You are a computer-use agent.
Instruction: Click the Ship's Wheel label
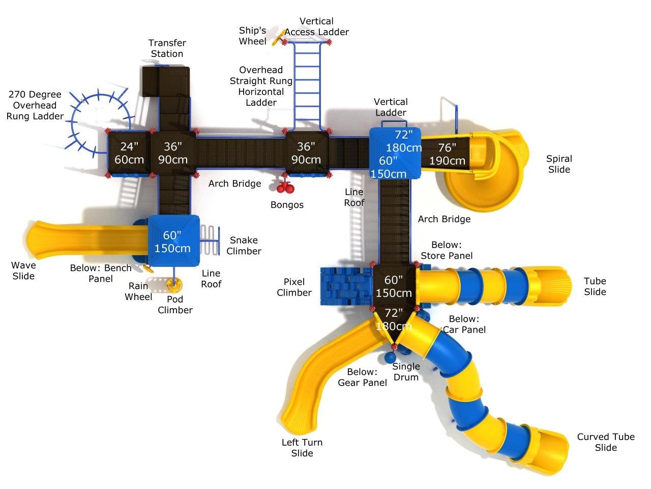click(x=252, y=36)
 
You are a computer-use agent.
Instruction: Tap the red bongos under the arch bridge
click(x=285, y=188)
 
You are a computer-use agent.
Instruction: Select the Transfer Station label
click(x=167, y=48)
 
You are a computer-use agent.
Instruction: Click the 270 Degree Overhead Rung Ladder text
click(x=35, y=105)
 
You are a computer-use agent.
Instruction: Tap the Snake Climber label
click(x=244, y=246)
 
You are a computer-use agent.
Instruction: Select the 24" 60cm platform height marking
click(x=129, y=153)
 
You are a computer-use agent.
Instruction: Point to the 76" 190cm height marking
click(x=447, y=154)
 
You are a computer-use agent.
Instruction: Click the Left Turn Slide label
click(x=302, y=448)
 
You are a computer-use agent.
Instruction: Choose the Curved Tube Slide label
click(x=606, y=442)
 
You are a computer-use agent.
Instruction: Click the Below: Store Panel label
click(x=447, y=250)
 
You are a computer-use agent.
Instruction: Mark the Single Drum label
click(x=406, y=372)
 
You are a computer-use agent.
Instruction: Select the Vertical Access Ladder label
click(x=316, y=26)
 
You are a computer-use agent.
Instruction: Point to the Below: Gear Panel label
click(x=362, y=377)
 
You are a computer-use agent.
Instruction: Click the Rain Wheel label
click(x=138, y=291)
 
